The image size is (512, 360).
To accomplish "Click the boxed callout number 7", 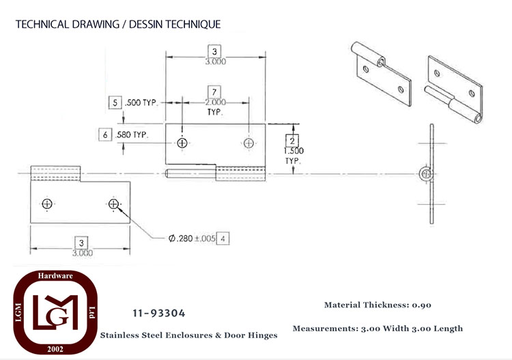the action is [214, 92].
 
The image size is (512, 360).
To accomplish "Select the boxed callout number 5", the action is [115, 102].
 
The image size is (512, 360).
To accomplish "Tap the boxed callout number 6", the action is [105, 135].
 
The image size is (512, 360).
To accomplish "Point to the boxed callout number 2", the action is [292, 141].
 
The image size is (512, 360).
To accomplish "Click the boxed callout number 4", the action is [223, 238].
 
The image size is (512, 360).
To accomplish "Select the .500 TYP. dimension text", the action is [141, 102].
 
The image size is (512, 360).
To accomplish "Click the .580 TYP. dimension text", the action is [132, 135].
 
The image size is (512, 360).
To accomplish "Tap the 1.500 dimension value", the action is [294, 151].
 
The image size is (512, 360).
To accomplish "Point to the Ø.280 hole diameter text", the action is [181, 238].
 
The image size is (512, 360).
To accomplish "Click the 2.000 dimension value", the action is [215, 102].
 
